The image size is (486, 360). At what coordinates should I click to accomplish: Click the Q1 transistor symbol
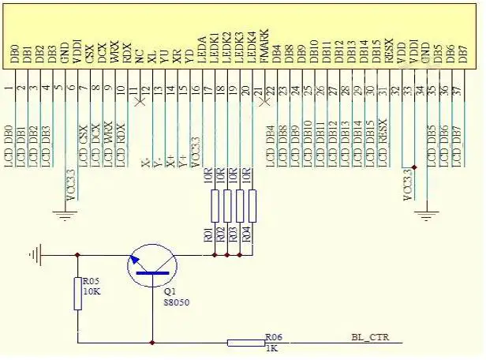click(150, 264)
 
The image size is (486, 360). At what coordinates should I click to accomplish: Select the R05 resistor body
click(77, 294)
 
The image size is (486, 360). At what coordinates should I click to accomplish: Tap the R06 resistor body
click(245, 343)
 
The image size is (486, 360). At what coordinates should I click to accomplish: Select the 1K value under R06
click(270, 348)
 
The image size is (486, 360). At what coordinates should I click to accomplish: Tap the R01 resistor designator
click(207, 234)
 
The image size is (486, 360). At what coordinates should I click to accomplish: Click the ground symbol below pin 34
click(426, 212)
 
